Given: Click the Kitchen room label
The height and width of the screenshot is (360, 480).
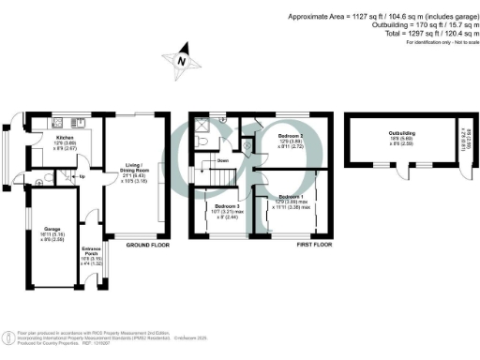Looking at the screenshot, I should point(39,137).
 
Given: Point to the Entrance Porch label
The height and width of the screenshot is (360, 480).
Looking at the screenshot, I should point(91,249).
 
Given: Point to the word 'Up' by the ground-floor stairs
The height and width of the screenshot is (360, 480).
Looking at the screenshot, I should point(81,176).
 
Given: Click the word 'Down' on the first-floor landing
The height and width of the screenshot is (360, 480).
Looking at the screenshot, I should point(221,160).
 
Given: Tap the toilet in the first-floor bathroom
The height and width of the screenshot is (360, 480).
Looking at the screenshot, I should point(203,141).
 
